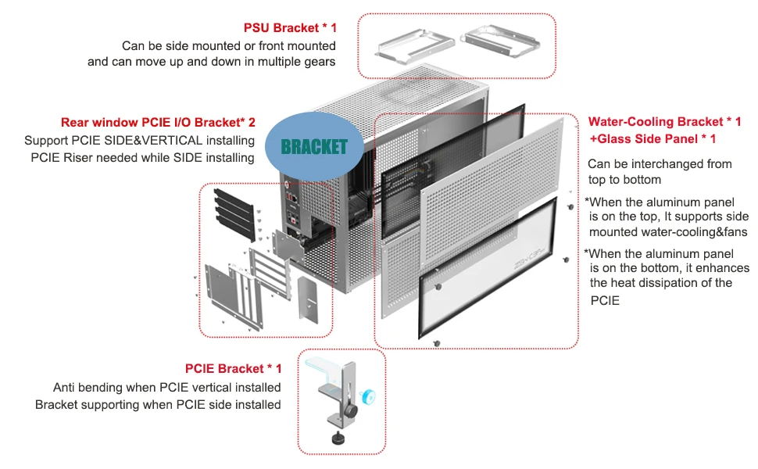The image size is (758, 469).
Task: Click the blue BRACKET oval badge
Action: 314,147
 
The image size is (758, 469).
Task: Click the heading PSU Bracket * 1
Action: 290,28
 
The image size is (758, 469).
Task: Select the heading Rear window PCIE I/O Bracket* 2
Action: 158,122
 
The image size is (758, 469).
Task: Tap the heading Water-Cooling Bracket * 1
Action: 664,122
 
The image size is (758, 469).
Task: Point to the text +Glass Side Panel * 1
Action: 653,139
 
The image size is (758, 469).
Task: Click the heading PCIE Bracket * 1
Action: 233,369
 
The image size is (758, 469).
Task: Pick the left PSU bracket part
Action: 415,46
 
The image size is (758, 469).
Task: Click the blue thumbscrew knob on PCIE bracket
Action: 369,396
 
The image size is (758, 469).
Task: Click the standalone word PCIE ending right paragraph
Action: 605,301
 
